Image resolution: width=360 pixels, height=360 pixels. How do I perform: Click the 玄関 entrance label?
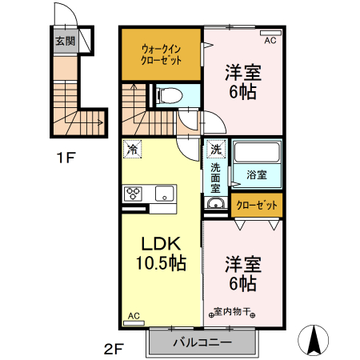click(65, 41)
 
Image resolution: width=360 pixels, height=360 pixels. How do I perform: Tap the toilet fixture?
click(170, 95)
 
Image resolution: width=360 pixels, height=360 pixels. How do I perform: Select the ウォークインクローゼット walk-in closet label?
click(161, 54)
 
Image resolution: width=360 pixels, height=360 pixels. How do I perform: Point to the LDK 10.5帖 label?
click(161, 254)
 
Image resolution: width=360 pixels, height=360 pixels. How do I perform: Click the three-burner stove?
click(133, 194)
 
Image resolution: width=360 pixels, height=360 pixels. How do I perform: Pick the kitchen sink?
click(164, 193)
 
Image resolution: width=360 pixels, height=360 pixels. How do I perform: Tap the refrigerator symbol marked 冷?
click(132, 149)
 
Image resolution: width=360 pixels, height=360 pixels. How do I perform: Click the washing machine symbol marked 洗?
click(216, 149)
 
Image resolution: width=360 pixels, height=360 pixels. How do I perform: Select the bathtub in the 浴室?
click(257, 152)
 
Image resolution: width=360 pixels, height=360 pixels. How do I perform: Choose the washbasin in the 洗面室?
click(216, 204)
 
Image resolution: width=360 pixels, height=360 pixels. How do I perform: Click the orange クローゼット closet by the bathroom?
click(257, 205)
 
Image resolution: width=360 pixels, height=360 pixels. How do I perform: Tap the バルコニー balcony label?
click(202, 342)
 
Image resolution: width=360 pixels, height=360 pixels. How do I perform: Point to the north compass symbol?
click(314, 340)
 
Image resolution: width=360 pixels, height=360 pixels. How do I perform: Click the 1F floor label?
click(66, 158)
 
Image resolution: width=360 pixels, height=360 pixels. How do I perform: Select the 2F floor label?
click(114, 349)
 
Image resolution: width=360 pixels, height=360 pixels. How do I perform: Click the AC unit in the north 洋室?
click(270, 33)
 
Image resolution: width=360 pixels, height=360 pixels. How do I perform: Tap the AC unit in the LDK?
click(134, 323)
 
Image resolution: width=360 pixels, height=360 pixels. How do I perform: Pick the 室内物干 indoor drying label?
click(232, 311)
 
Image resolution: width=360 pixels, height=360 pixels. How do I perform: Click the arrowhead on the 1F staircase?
click(101, 123)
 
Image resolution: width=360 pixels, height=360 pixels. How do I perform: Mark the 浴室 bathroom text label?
click(257, 175)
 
